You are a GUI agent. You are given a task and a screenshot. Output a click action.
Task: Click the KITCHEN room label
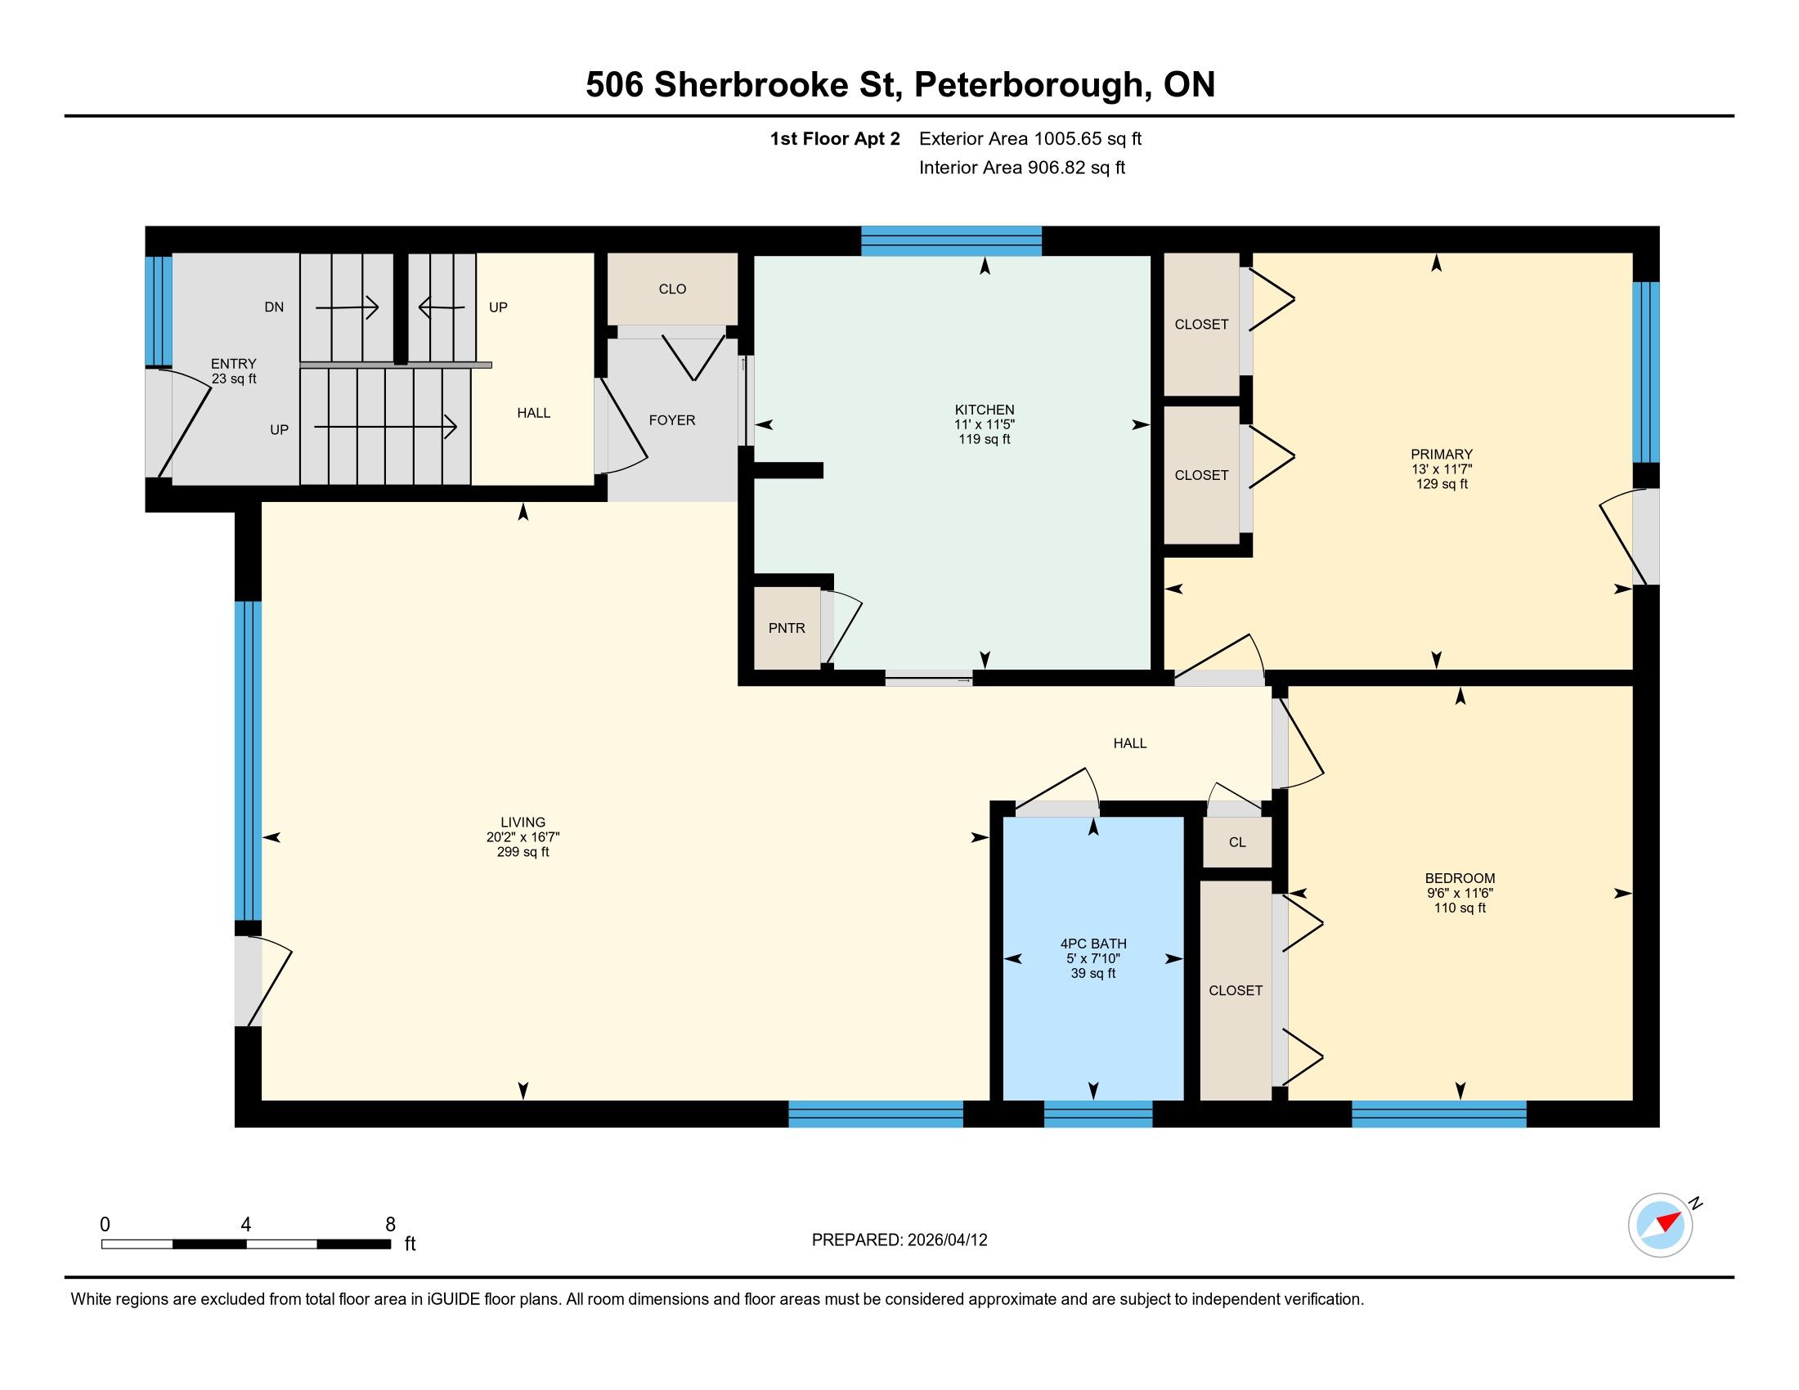[x=985, y=410]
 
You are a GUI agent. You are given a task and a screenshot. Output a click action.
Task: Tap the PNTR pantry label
[x=787, y=628]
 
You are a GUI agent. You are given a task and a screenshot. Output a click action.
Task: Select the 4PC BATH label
[x=1093, y=944]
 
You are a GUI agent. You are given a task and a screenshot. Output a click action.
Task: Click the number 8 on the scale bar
[x=390, y=1225]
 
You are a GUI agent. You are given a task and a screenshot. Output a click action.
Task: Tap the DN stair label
[x=274, y=307]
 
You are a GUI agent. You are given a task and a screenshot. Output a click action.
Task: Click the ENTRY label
[x=234, y=363]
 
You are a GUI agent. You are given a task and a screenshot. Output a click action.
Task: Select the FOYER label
[x=672, y=420]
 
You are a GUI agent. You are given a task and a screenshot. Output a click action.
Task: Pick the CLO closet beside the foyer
[x=672, y=289]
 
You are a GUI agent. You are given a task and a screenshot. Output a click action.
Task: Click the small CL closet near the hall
[x=1237, y=841]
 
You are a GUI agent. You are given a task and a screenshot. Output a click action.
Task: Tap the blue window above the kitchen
[x=951, y=240]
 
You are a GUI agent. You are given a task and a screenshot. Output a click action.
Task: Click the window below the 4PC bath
[x=1098, y=1114]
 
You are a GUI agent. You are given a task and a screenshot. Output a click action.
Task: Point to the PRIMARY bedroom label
[x=1442, y=454]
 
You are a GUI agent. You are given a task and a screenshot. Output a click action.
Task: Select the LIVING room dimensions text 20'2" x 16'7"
[x=523, y=836]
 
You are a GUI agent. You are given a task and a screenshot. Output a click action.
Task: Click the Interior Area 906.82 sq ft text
[x=1022, y=167]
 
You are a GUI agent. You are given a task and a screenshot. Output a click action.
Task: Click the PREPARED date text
[x=899, y=1240]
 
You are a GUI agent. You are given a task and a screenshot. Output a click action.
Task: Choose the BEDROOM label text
[x=1460, y=878]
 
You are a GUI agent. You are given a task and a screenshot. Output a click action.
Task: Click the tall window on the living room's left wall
[x=248, y=760]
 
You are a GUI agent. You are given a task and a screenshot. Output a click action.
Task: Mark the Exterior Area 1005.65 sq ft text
[x=1030, y=138]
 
